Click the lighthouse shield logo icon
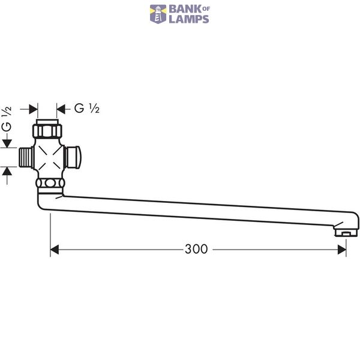158,14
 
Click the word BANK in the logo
185,10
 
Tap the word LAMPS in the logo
189,19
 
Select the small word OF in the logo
206,9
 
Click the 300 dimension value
196,249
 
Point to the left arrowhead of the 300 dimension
55,250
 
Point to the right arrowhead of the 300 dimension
342,250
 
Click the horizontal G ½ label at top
87,109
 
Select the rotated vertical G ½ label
7,119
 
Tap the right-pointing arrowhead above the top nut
33,109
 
